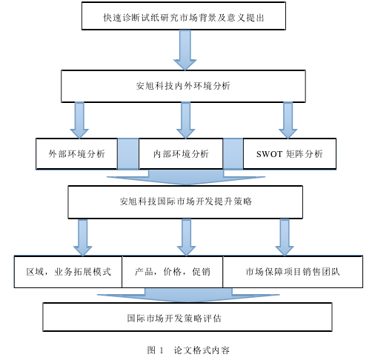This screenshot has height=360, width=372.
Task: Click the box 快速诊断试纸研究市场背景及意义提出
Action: [184, 16]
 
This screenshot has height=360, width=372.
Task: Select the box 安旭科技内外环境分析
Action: [183, 86]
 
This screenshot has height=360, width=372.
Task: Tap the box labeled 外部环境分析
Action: [76, 153]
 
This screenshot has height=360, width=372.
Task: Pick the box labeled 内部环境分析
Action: [181, 153]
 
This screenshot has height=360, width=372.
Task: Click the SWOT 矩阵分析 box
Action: [290, 153]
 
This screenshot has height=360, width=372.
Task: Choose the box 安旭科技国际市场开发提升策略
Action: [185, 202]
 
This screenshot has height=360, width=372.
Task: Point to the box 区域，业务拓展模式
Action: [68, 272]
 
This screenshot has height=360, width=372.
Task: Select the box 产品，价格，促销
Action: [173, 272]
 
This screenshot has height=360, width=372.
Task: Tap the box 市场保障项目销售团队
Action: [293, 272]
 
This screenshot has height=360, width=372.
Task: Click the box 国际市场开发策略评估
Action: [187, 317]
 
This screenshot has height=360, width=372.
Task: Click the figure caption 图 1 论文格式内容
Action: [188, 350]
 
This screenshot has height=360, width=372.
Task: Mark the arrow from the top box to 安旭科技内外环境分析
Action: [185, 50]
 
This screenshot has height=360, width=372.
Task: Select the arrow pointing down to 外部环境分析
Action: [79, 120]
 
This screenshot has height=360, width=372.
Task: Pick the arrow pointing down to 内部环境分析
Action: [186, 120]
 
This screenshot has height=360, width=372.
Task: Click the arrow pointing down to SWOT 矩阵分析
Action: [288, 120]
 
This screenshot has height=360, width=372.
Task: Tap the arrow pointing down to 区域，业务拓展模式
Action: [83, 238]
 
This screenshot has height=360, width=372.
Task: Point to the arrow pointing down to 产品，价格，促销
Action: [187, 238]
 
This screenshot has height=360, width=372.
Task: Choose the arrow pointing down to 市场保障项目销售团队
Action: [285, 238]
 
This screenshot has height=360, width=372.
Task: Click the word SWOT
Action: [269, 154]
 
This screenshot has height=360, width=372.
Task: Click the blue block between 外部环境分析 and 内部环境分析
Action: [128, 153]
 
